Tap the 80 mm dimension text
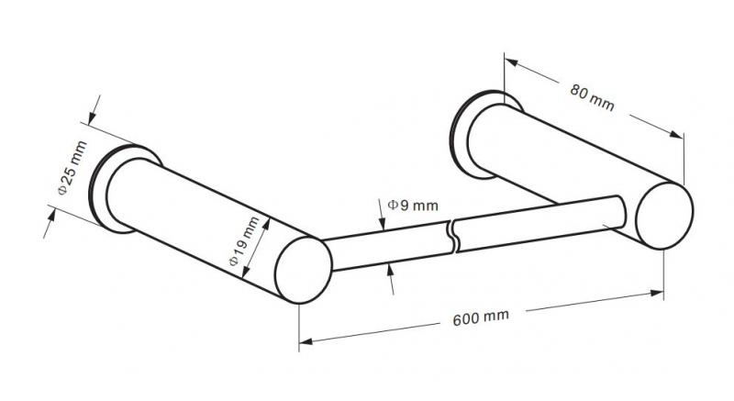[591, 96]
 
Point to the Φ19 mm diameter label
[245, 241]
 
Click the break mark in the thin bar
[453, 235]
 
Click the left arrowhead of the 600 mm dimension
[306, 342]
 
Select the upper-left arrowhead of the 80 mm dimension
[510, 61]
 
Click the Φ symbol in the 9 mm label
[392, 205]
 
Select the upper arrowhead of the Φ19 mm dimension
[269, 220]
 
